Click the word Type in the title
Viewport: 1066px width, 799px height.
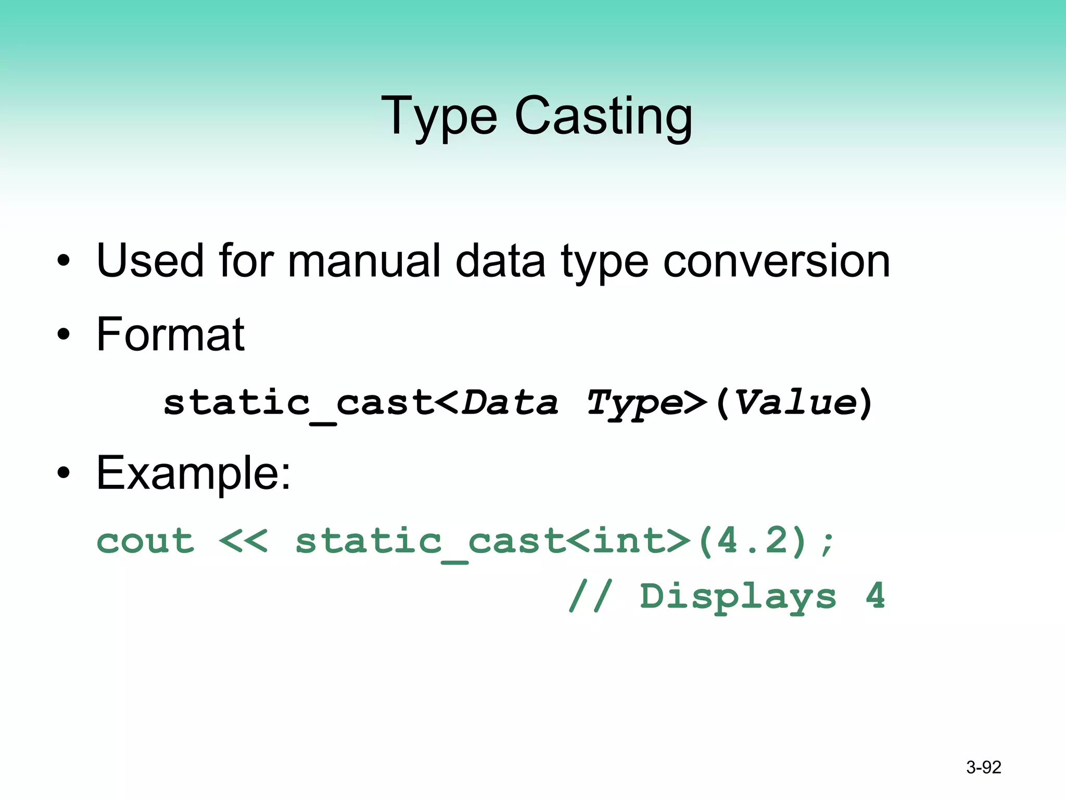tap(439, 117)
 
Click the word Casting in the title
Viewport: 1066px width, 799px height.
tap(603, 117)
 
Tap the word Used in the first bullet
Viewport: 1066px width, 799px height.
tap(150, 261)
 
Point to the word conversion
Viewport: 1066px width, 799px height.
tap(777, 261)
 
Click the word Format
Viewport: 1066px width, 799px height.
tap(170, 334)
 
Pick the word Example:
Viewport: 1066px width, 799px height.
tap(194, 473)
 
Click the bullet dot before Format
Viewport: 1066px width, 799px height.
tap(64, 334)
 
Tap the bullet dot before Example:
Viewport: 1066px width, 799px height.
tap(64, 473)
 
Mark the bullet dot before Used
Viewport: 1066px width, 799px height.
tap(64, 261)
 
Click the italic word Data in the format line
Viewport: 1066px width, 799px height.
tap(511, 403)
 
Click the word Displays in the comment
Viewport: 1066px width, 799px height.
tap(738, 597)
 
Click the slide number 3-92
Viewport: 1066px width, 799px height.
tap(983, 767)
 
